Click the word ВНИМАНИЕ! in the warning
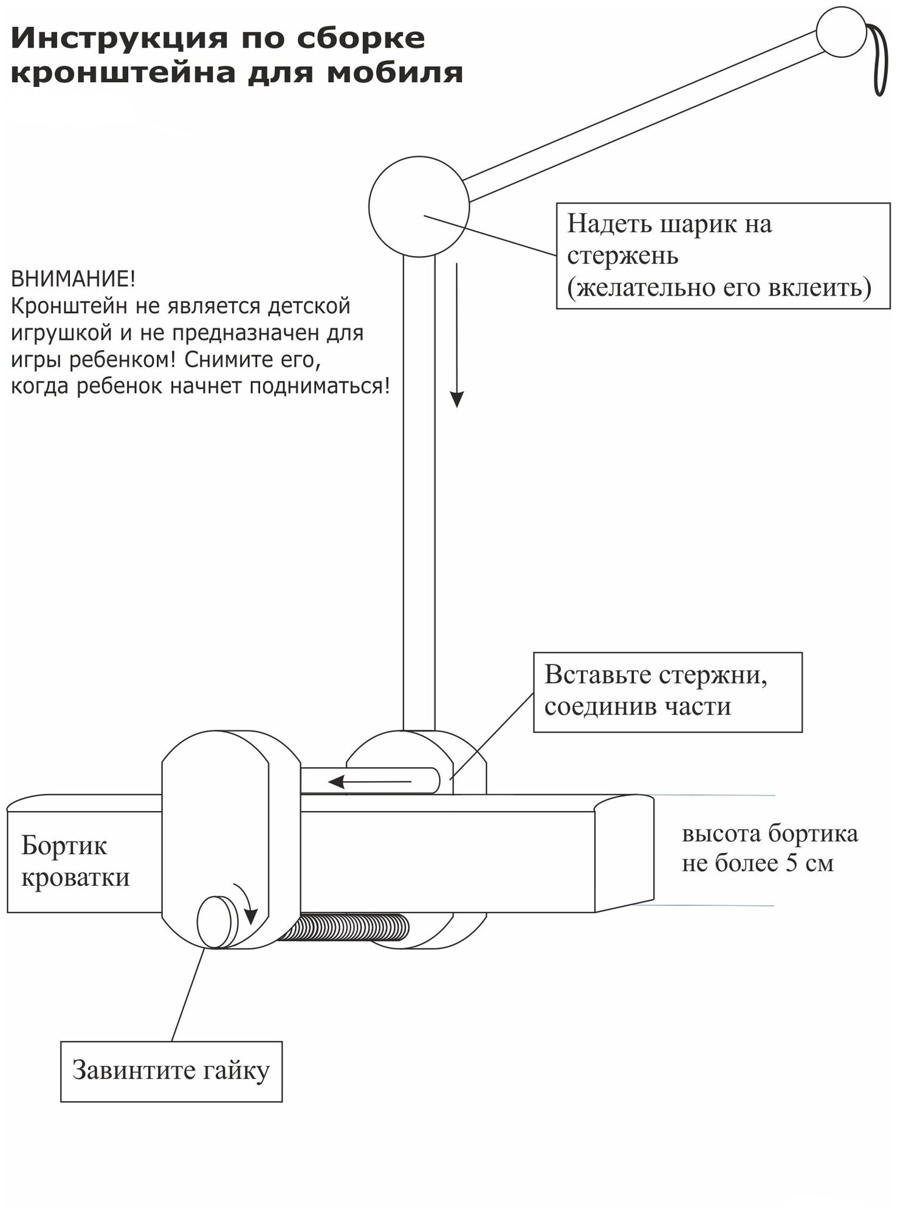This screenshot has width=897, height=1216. coord(74,280)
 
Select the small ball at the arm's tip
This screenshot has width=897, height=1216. coord(840,32)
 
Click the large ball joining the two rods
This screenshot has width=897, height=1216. coord(419,207)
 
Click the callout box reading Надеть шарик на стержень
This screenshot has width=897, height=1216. coord(723,255)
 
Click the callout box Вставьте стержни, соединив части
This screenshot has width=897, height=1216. coord(667,692)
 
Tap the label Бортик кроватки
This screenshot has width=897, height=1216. coord(75,862)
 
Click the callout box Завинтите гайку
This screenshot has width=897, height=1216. coord(171,1071)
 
